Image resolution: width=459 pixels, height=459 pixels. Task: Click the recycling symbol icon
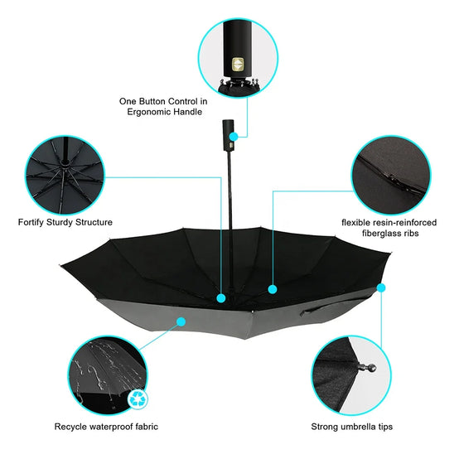(138, 399)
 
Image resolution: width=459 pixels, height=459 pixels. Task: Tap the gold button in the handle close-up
(238, 65)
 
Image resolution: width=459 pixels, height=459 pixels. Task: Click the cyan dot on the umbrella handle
(234, 137)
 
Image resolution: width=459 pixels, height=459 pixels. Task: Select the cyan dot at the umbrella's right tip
(381, 288)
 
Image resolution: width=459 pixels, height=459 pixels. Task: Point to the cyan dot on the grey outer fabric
(181, 321)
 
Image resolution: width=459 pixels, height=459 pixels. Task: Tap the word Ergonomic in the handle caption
(148, 112)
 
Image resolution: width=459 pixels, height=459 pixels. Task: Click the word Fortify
(31, 222)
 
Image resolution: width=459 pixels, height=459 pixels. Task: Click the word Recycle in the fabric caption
(70, 427)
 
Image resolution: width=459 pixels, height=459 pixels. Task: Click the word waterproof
(111, 427)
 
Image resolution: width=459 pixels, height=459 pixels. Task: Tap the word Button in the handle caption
(152, 101)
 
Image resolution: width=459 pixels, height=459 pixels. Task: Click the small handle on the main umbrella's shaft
(228, 135)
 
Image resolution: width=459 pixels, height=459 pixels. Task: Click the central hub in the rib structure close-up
(65, 163)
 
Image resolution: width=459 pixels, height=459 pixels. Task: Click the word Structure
(94, 222)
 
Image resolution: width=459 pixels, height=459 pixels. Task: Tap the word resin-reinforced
(404, 223)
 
